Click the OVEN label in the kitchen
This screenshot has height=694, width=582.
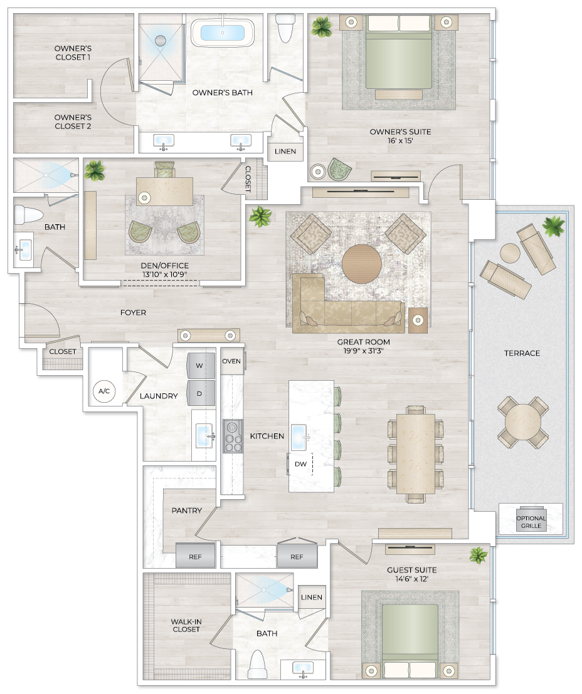pyautogui.click(x=231, y=361)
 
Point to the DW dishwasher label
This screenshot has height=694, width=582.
pyautogui.click(x=300, y=464)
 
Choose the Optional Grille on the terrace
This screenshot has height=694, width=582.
pyautogui.click(x=531, y=520)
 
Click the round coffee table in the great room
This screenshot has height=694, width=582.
pyautogui.click(x=361, y=264)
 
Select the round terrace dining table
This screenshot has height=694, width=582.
pyautogui.click(x=523, y=422)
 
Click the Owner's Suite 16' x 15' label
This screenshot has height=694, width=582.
pyautogui.click(x=400, y=137)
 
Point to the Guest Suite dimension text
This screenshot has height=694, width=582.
pyautogui.click(x=412, y=580)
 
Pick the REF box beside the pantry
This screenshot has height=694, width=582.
pyautogui.click(x=195, y=556)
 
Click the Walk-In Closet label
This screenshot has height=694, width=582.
pyautogui.click(x=186, y=625)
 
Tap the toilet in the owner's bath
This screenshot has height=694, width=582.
pyautogui.click(x=285, y=28)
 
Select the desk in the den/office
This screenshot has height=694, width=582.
pyautogui.click(x=165, y=190)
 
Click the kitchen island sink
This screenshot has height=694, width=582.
pyautogui.click(x=305, y=433)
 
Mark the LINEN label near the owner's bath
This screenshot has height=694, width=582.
pyautogui.click(x=285, y=152)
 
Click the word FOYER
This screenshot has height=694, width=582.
pyautogui.click(x=133, y=313)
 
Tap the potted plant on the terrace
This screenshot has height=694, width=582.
pyautogui.click(x=553, y=225)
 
